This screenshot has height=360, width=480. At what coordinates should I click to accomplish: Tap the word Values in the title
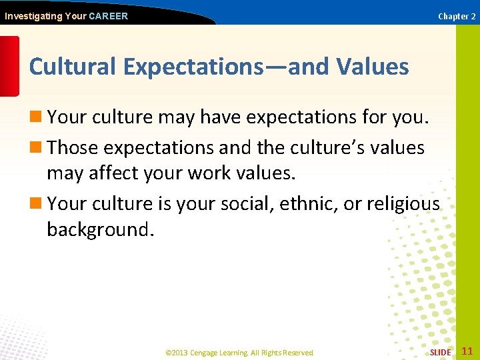coord(373,67)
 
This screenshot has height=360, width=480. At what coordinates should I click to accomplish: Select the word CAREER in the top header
coord(108,16)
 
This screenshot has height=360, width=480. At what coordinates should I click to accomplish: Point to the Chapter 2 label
coord(457,16)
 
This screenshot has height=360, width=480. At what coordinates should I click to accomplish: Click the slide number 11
coord(467,351)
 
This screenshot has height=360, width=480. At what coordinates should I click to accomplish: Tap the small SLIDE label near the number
coord(440,352)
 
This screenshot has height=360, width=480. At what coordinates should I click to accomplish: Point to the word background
coord(100,230)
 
